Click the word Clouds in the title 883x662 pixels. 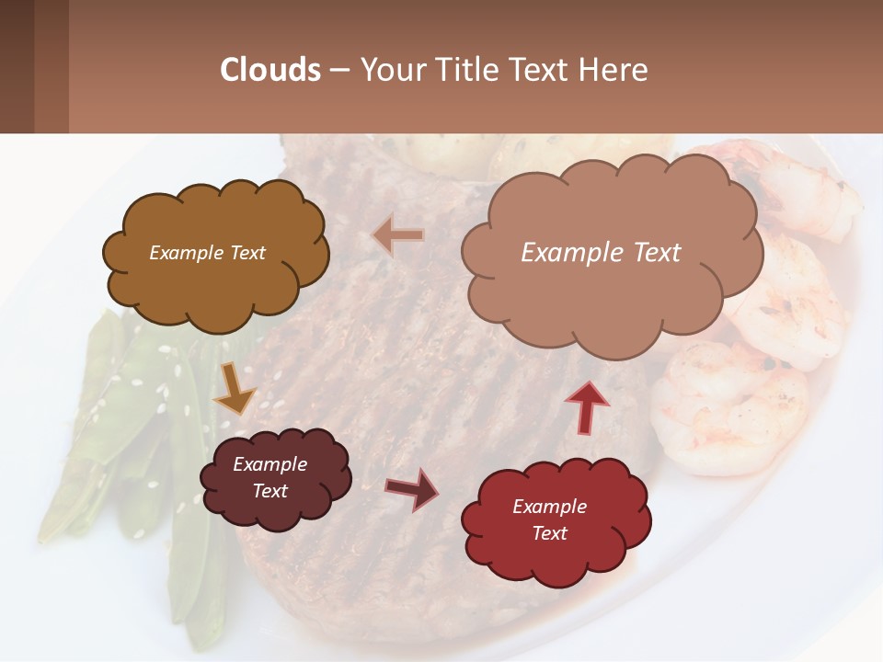point(270,70)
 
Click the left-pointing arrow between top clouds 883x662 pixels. point(398,236)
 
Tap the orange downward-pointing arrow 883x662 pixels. point(234,388)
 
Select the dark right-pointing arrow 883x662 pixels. point(412,489)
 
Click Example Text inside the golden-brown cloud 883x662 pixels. point(207,253)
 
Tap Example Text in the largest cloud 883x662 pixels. point(601,252)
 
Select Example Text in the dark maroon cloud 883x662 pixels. point(269,477)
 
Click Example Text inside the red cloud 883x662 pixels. point(549,519)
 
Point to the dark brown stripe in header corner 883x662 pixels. point(17,66)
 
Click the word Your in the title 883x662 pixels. point(392,70)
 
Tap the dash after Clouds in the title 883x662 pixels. point(338,70)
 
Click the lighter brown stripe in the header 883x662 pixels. point(52,66)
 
